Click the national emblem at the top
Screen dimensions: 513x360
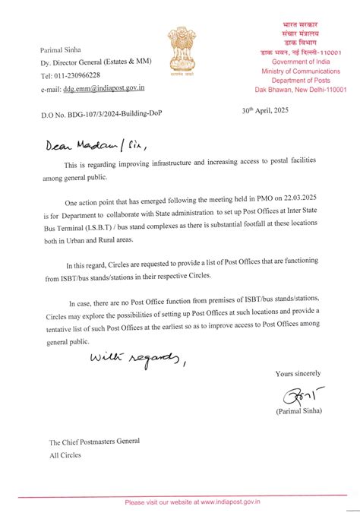179,51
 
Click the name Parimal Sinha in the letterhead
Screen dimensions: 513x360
62,51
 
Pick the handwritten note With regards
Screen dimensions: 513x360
137,357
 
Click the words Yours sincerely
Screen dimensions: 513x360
297,373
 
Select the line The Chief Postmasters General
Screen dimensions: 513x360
95,442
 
